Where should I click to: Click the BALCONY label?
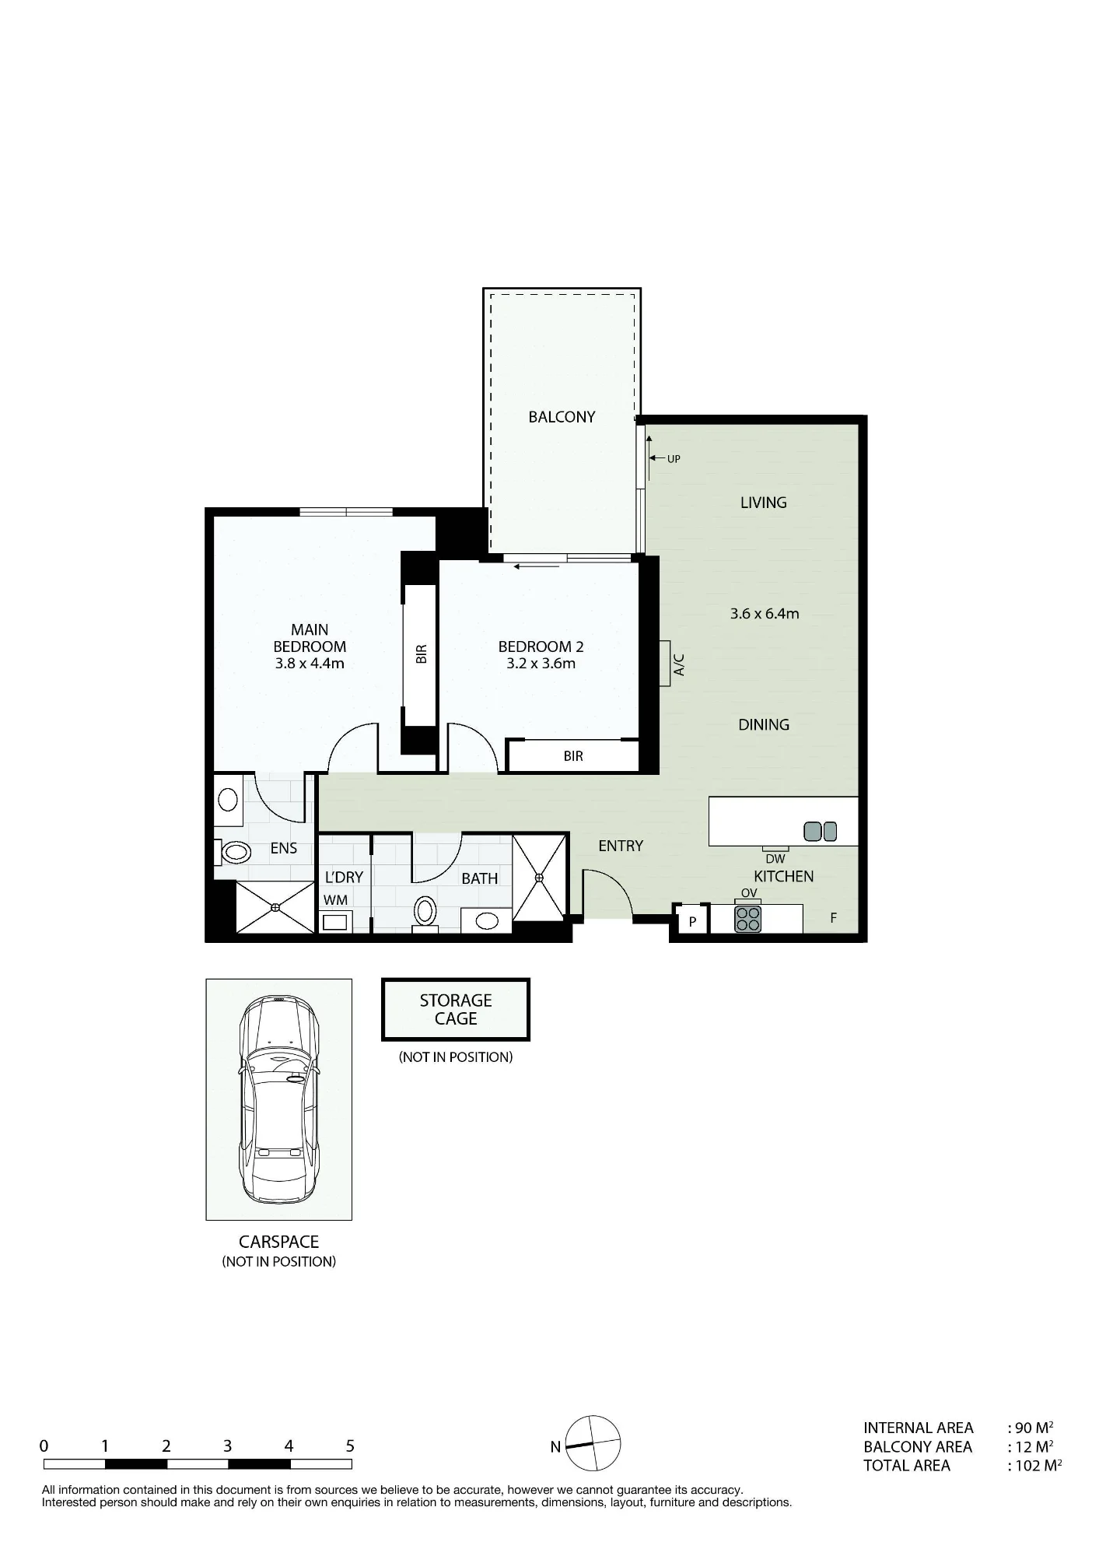[x=562, y=417]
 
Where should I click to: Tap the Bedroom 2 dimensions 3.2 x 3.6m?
[x=541, y=664]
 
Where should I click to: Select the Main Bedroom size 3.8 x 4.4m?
[x=310, y=664]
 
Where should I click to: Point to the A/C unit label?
[x=678, y=664]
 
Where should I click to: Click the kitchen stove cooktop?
[x=748, y=919]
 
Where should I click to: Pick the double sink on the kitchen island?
[x=820, y=832]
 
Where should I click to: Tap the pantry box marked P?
[x=691, y=921]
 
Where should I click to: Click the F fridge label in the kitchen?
[x=833, y=918]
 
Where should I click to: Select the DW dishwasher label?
[x=775, y=859]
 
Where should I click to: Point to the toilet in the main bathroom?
[x=425, y=910]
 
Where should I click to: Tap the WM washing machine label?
[x=336, y=900]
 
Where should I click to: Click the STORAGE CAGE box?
[x=456, y=1009]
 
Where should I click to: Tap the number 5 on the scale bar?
[x=350, y=1446]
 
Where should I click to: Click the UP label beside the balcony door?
[x=674, y=459]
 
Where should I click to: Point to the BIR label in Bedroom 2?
[x=573, y=756]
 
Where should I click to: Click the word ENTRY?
[x=621, y=846]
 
